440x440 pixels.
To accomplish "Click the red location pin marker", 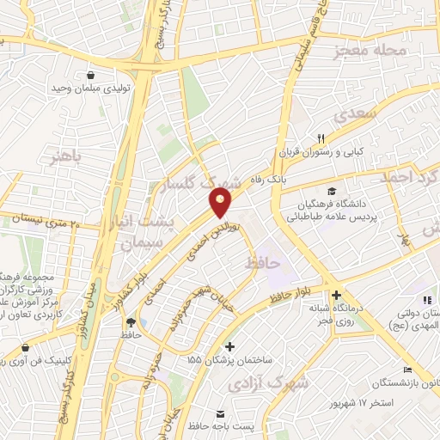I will point(221,203).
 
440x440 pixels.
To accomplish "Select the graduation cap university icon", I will point(331,190).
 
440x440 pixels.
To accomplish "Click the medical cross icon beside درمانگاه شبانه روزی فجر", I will point(339,293).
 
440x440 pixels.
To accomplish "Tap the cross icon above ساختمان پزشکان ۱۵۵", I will point(229,345).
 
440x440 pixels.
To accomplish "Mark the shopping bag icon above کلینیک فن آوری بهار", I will point(24,348).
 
